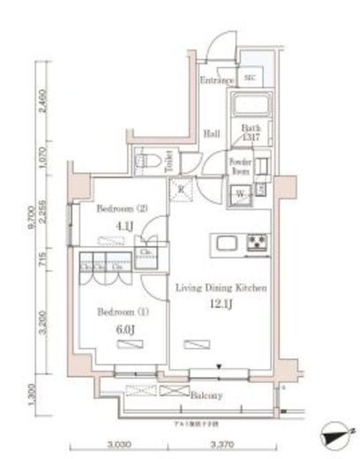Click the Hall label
point(213,133)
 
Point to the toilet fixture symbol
point(145,162)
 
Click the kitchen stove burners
point(257,242)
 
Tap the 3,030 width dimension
point(121,447)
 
